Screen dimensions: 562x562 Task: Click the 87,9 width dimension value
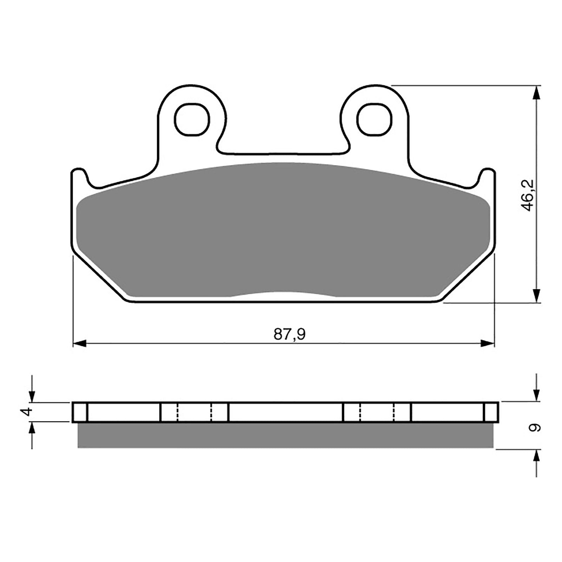[x=289, y=334]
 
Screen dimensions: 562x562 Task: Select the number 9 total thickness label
[x=535, y=428]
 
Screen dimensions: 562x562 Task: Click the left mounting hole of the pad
[x=192, y=119]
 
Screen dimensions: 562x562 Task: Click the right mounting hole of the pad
[x=374, y=119]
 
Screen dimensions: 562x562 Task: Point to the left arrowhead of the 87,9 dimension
[x=79, y=343]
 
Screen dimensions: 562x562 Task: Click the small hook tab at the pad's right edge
[x=488, y=176]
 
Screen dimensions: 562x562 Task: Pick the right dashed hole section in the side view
[x=377, y=412]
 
